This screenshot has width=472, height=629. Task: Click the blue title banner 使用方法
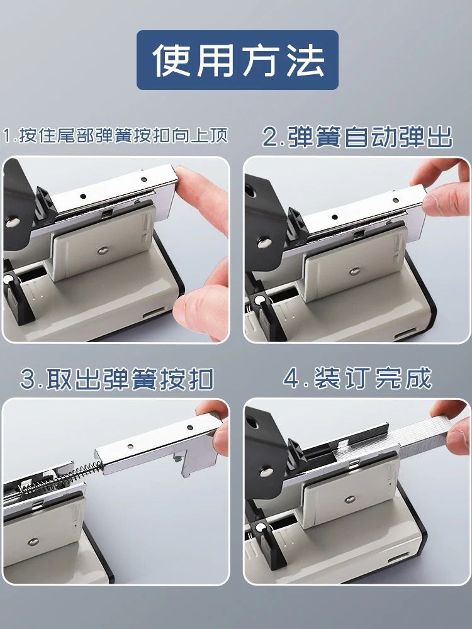(x=237, y=60)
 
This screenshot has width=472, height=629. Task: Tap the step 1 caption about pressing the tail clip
(x=116, y=136)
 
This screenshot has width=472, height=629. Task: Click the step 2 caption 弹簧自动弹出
(x=357, y=136)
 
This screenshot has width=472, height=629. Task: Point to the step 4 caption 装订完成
(x=357, y=378)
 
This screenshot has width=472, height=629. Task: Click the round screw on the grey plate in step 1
(x=103, y=250)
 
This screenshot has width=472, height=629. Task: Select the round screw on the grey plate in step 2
(x=354, y=272)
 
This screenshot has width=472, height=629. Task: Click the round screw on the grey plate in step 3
(x=33, y=542)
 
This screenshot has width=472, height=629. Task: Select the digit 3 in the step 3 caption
(x=28, y=379)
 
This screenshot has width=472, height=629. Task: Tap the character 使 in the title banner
(x=171, y=60)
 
